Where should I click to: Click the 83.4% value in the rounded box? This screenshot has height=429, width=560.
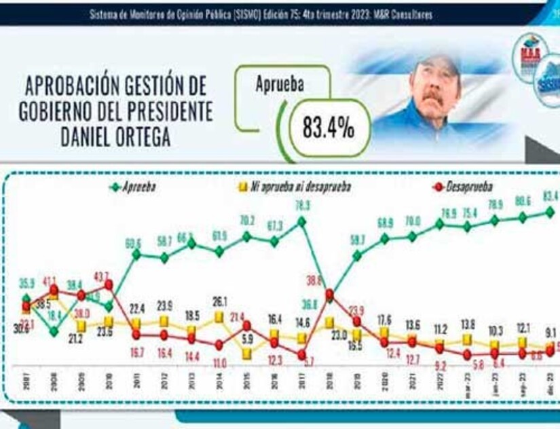pos(328,128)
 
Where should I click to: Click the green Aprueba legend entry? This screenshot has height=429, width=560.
pos(134,187)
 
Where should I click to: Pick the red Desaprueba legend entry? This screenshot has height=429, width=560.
pos(462,187)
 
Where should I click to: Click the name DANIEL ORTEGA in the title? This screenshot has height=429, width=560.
pos(116,138)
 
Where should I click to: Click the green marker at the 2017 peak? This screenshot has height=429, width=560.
pos(301,221)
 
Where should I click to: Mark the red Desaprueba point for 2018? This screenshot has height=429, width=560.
pos(329,295)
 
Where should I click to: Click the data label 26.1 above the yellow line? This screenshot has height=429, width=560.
pos(219,302)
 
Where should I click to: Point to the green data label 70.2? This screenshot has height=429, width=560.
pos(246,220)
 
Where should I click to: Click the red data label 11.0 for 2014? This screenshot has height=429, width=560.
pos(219,362)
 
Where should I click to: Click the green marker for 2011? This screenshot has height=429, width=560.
pos(136,255)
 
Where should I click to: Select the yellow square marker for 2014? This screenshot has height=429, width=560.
pos(219,316)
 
